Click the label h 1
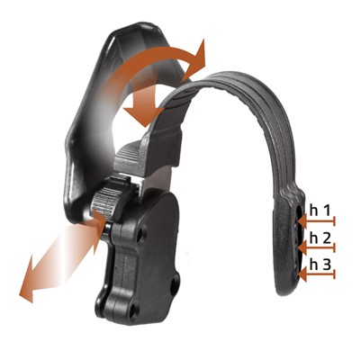[x=320, y=211]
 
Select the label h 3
[x=320, y=265]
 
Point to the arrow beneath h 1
[x=317, y=221]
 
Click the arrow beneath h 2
[x=317, y=248]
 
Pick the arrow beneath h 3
[x=317, y=274]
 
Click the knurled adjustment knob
[x=104, y=201]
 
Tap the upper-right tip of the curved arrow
[x=203, y=40]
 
